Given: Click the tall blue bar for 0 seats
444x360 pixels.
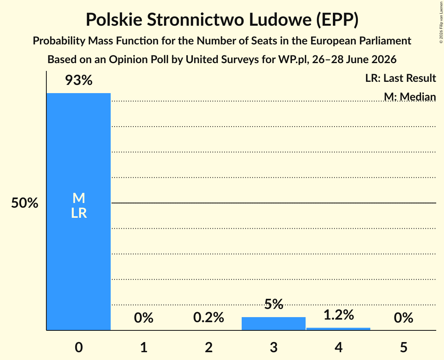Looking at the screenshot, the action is point(79,212).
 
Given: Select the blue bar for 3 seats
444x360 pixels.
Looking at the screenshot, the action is point(274,323).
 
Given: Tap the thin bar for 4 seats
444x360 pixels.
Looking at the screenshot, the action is point(338,329).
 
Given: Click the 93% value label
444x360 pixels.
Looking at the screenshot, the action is point(79,80).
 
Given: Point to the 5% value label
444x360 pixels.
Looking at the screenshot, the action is point(274,304).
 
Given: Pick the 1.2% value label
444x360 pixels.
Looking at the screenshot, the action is point(339,315).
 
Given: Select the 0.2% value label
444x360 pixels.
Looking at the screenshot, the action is point(209,318).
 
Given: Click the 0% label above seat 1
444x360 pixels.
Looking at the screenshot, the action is point(143,318).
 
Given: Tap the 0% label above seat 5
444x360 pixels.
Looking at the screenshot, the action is point(403,318).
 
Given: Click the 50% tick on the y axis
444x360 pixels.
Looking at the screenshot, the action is point(25,203).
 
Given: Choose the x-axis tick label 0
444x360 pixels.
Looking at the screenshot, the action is point(79,347).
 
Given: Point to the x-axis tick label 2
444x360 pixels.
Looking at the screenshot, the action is point(209,347).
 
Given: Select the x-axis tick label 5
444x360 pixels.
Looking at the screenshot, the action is point(403,347).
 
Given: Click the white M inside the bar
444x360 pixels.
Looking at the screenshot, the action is point(79,198).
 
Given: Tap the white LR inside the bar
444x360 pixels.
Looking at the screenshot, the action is point(79,213).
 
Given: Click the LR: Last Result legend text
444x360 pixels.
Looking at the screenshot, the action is point(400,78).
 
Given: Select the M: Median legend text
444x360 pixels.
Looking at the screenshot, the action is point(410,97).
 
